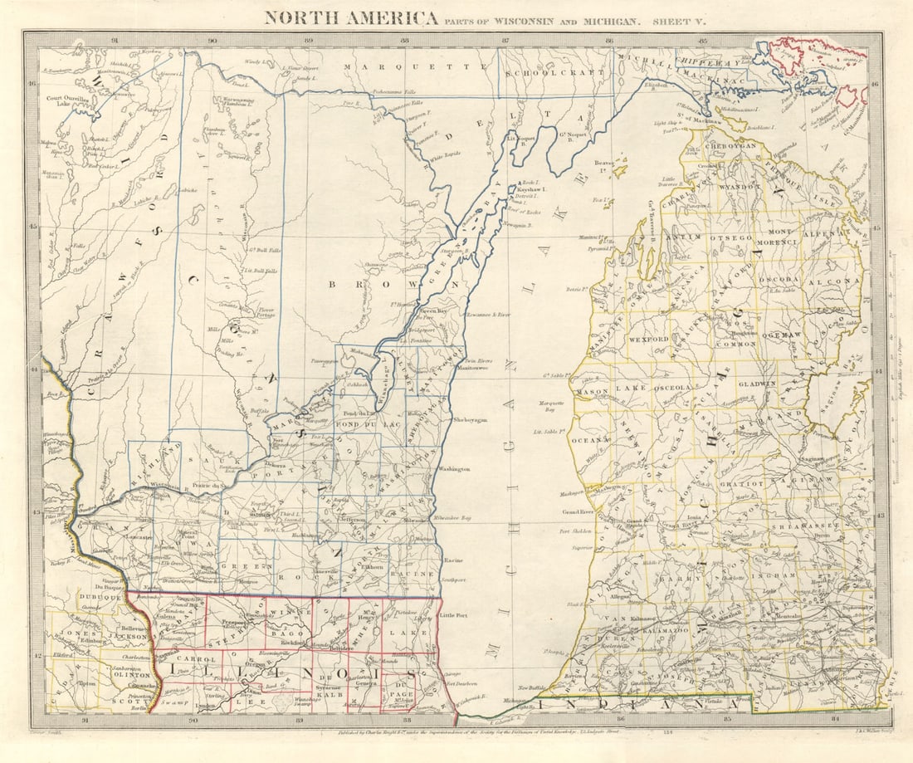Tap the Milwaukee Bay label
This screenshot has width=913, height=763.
tap(452, 517)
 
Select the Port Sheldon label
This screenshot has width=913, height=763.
tap(575, 531)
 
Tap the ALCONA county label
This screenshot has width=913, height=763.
tap(840, 281)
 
